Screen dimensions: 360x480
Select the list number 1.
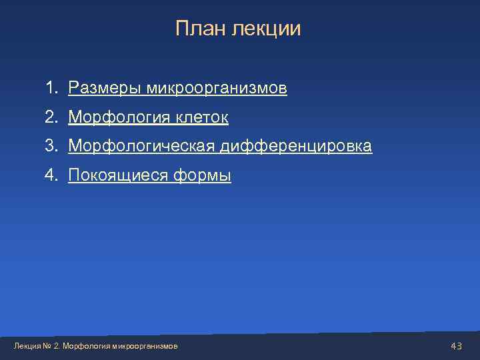point(51,88)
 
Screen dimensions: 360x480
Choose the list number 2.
point(51,118)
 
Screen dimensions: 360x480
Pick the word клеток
point(202,118)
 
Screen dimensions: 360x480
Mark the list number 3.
point(51,146)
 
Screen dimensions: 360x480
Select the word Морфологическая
point(143,146)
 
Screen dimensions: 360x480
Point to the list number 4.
point(51,175)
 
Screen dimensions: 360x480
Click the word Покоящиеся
point(119,176)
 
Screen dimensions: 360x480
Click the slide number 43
point(457,346)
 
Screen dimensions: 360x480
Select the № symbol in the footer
point(47,347)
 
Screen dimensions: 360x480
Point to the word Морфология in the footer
point(87,347)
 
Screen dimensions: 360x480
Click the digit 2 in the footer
point(56,347)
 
